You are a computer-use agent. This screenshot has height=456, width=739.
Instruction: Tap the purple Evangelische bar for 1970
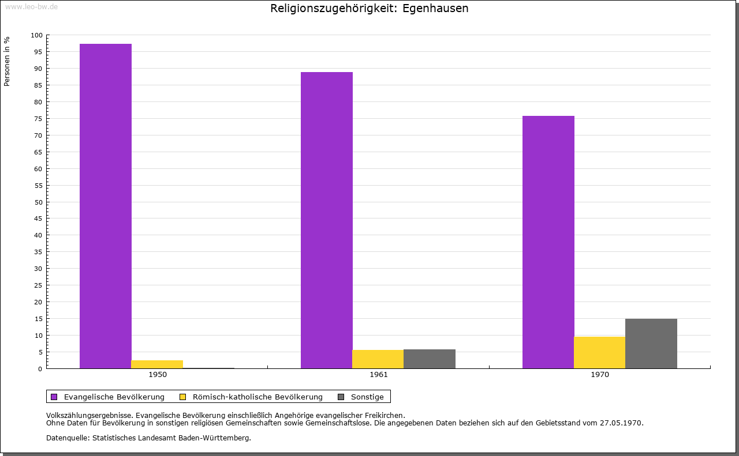coord(548,242)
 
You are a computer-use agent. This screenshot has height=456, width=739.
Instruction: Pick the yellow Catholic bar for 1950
coord(157,364)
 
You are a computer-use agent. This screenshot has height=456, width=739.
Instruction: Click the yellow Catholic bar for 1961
coord(378,359)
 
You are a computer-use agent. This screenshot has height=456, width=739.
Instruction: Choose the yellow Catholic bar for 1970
coord(599,352)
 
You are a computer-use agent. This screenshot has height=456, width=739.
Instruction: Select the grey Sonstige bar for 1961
coord(429,359)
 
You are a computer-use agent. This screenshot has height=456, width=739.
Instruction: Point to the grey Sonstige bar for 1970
coord(651,344)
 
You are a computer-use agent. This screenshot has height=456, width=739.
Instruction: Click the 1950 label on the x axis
coord(158,375)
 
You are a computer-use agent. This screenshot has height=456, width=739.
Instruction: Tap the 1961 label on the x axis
coord(379,375)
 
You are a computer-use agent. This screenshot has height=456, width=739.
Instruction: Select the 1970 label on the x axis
coord(600,375)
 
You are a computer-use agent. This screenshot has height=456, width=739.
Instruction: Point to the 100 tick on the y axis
coord(37,35)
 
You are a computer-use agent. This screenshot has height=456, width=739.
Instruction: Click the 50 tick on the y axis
coord(39,202)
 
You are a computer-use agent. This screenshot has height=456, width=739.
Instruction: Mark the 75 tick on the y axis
coord(39,119)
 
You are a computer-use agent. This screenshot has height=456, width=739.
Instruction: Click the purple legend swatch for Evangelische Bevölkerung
coord(54,397)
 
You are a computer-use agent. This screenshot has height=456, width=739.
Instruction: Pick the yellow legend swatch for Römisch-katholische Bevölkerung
coord(182,397)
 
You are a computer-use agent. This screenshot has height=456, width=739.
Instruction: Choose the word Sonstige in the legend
coord(367,397)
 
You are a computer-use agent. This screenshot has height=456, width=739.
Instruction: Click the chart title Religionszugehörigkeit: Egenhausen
coord(369,9)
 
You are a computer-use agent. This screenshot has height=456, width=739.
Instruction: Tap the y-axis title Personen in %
coord(7,61)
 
